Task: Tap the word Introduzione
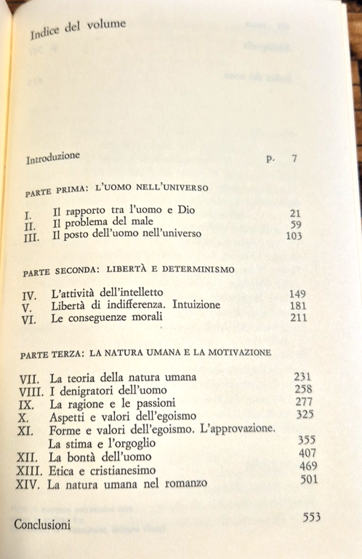point(52,159)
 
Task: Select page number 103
point(294,236)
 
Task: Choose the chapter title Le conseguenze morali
point(107,318)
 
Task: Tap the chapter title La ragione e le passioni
point(109,403)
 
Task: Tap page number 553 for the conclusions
point(311,518)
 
